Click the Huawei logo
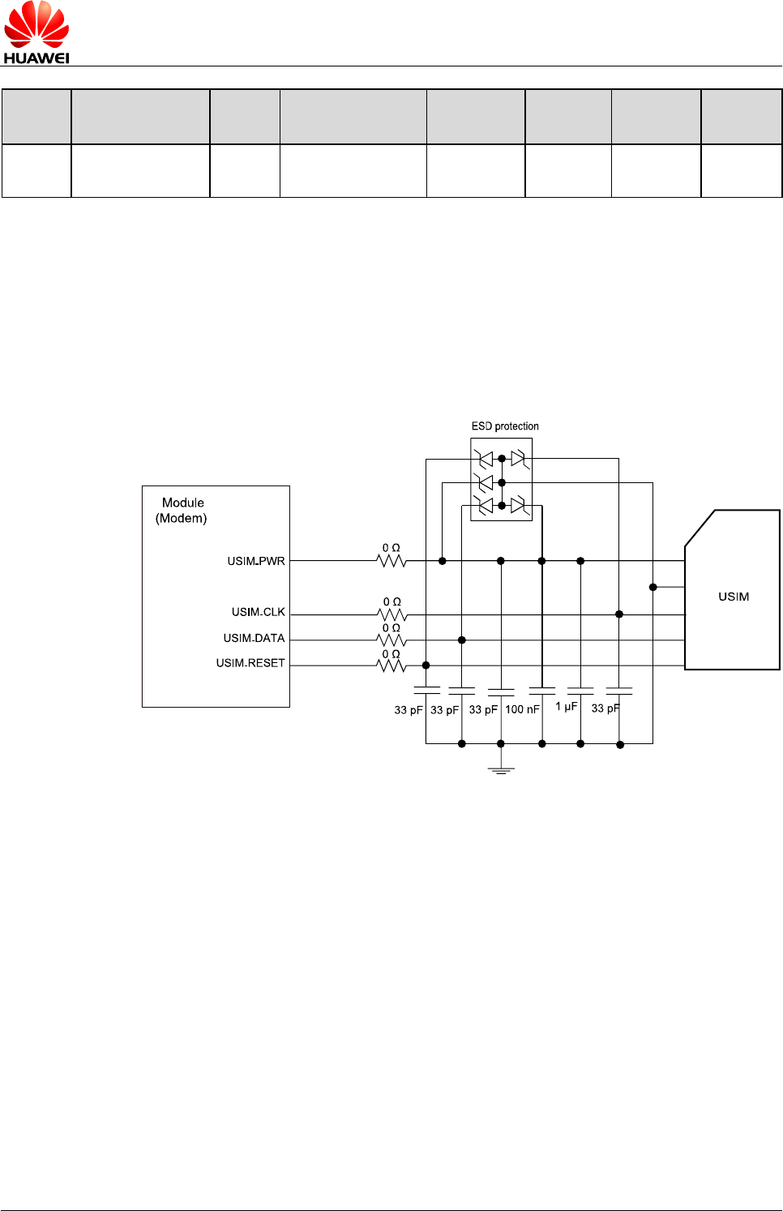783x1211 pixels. coord(36,32)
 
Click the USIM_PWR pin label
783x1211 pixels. coord(256,561)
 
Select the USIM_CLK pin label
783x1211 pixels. coord(259,612)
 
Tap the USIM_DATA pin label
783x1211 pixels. coord(255,638)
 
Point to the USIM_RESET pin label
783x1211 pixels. coord(250,663)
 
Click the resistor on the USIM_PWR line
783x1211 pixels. coord(391,560)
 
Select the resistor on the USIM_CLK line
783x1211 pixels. coord(392,614)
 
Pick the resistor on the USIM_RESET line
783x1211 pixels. coord(391,665)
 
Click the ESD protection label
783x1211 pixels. coord(505,426)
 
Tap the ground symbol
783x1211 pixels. coord(501,769)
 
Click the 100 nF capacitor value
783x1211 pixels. coord(522,709)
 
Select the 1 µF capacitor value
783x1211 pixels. coord(567,707)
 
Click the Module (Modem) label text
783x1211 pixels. coord(182,511)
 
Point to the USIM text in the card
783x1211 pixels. coord(734,597)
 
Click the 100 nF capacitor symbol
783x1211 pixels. coord(541,691)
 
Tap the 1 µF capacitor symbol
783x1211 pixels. coord(580,691)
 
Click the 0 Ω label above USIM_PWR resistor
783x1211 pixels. coord(391,548)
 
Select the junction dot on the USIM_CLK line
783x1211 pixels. coord(619,614)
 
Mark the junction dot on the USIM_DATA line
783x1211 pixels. coord(462,640)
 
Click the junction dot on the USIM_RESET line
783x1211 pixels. coord(426,665)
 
